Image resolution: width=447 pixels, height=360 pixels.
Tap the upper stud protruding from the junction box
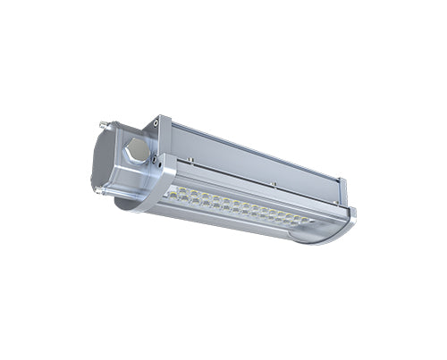(x=105, y=127)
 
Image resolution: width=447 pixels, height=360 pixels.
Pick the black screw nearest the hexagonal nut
(x=153, y=162)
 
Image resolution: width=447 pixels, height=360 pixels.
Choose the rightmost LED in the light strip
(x=309, y=220)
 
